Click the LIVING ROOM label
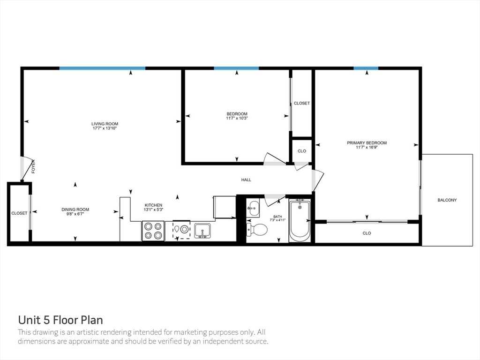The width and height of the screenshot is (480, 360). pos(105,124)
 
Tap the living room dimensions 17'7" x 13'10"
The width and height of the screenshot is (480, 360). pos(105,128)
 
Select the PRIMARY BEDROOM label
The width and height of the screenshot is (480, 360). pos(367,143)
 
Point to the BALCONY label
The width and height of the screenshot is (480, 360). pos(447,200)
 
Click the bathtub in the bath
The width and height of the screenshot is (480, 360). pos(300,220)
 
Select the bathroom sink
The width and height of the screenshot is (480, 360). pos(253,208)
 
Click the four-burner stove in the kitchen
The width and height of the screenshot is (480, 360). pos(153,231)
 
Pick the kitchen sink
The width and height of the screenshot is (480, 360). pos(202,230)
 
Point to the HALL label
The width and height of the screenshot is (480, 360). pos(246,180)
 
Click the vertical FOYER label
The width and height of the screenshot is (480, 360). pos(33,167)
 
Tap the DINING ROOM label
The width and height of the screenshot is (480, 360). pos(75,210)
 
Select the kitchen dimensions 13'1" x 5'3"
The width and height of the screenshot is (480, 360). pos(153,210)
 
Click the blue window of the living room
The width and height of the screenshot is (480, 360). pos(102,68)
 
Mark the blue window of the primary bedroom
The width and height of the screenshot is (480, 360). pos(366,68)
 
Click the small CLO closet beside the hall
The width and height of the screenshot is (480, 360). pos(302,151)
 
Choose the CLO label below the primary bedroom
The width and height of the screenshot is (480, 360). pos(367,233)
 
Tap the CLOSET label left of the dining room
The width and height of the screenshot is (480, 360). pos(19,213)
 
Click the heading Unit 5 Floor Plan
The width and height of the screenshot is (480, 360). pos(60,320)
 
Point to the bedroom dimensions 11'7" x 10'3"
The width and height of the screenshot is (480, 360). pos(237,118)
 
